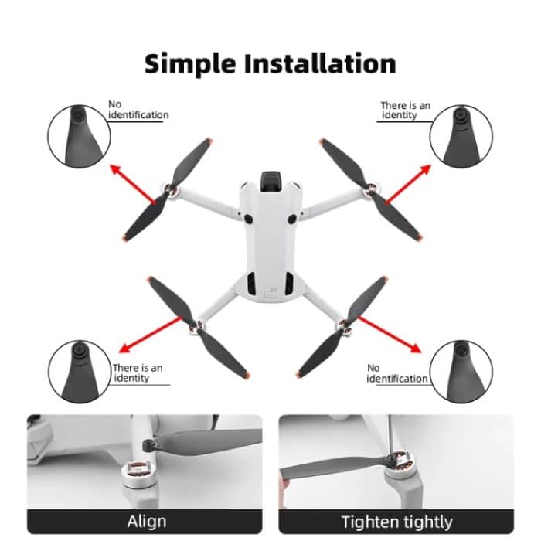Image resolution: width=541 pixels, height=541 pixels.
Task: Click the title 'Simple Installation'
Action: point(270,63)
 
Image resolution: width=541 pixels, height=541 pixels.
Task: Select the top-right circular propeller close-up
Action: point(461,136)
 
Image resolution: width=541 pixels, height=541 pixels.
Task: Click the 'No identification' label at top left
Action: point(138,110)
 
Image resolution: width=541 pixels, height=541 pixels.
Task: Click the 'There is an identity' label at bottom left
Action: point(137,373)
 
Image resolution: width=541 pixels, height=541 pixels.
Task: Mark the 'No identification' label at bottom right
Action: point(396,373)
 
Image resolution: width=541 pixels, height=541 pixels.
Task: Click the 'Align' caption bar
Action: point(145,520)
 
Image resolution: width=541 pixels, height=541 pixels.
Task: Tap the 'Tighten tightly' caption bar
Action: point(396,520)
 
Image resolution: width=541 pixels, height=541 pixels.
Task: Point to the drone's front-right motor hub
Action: point(372,189)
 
